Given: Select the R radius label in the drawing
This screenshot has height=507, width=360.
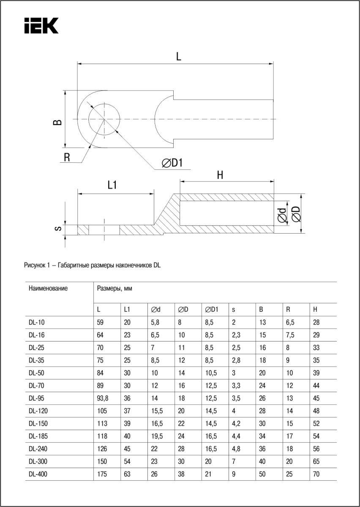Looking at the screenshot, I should (67, 157).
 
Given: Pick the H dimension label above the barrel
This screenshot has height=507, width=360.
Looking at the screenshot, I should (220, 175).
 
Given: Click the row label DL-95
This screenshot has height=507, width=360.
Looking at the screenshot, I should (37, 398).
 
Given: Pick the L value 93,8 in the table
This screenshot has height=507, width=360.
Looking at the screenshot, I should (102, 398).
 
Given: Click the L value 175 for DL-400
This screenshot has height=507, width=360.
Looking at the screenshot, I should (101, 474).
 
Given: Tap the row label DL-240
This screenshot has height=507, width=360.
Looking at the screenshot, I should (38, 449).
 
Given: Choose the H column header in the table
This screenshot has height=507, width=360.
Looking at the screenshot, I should (315, 310).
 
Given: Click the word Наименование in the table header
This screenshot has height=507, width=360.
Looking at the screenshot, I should (48, 289).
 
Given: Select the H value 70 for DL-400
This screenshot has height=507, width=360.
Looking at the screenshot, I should (316, 474).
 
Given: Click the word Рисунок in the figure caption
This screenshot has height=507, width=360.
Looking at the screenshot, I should (35, 265).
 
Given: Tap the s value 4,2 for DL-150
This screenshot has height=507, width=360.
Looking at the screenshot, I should (236, 424).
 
